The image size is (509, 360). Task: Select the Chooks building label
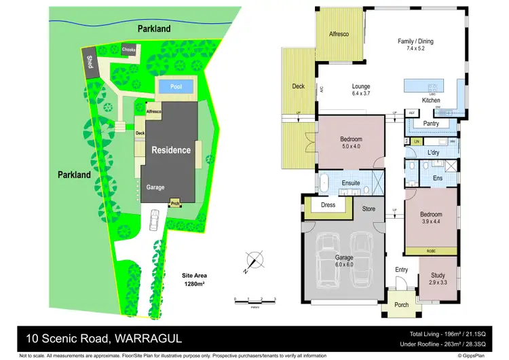coord(129,50)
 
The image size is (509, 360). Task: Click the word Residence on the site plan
coord(171,150)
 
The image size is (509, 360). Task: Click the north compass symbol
coord(254,260)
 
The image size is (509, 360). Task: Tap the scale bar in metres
coord(254,300)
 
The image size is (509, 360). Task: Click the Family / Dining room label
coord(415,45)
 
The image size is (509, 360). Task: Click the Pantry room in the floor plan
coord(430,124)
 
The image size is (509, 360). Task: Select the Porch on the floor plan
coord(402,305)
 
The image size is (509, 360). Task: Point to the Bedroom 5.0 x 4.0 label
coord(351,143)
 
